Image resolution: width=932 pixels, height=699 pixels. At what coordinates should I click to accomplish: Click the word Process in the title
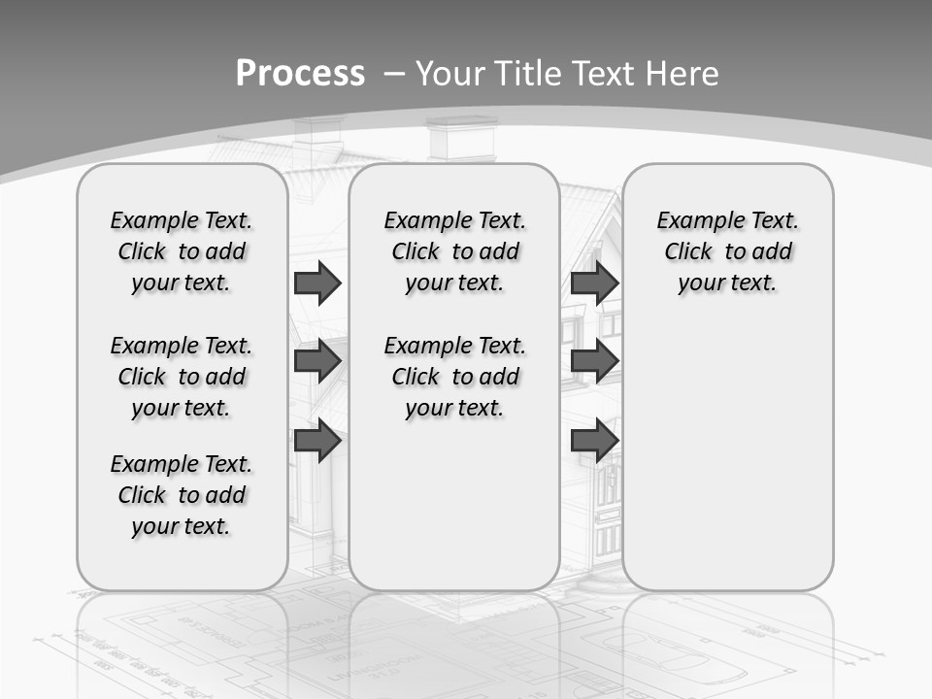coord(300,74)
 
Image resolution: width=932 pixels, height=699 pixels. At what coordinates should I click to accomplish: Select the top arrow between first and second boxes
coord(317,283)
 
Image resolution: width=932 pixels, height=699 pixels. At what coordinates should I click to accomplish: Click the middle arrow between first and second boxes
coord(317,361)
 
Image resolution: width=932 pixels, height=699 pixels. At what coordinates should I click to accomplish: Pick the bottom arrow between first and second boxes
coord(317,440)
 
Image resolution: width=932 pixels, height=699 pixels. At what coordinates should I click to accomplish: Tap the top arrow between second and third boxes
coord(594,283)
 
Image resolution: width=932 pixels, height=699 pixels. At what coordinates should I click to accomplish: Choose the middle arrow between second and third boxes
coord(594,361)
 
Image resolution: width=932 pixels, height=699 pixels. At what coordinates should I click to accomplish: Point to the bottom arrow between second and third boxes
coord(594,440)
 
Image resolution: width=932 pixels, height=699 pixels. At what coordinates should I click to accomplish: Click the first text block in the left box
coord(182,251)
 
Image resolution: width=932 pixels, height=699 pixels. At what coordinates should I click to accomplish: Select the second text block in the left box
coord(182,377)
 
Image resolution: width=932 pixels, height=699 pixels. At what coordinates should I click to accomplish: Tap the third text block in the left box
coord(182,495)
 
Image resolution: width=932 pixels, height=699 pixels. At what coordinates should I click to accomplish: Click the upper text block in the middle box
coord(454,251)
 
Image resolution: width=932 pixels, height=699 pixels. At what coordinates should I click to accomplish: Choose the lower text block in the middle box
coord(454,377)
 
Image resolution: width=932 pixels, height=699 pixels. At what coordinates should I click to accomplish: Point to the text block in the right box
coord(727,251)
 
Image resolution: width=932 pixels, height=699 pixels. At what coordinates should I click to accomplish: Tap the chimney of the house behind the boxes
coord(461,139)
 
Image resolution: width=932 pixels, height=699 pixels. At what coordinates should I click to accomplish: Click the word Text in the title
coord(604,74)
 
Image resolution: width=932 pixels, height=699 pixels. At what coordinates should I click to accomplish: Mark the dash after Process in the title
coord(394,74)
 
